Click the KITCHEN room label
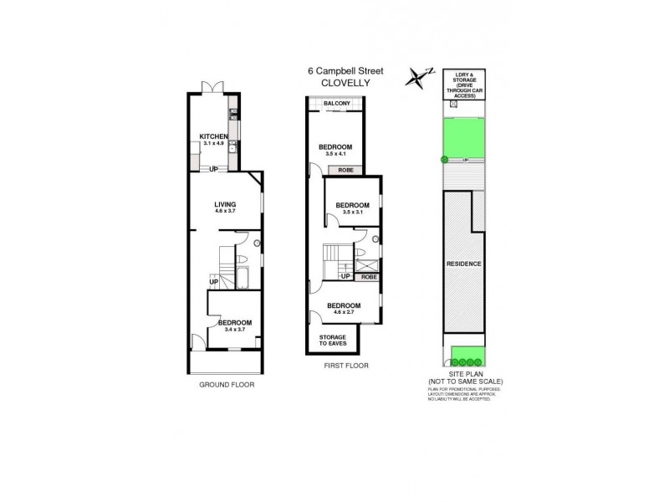point(213,136)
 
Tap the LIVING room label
point(225,203)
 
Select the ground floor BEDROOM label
point(235,322)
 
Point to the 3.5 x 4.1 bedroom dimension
point(334,154)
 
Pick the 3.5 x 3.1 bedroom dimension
point(352,212)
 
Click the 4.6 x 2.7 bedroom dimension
point(344,312)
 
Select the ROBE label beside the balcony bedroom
point(345,170)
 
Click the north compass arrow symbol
point(416,78)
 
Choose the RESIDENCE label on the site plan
point(463,264)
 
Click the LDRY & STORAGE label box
point(464,85)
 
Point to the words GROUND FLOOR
point(226,385)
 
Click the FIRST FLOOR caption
point(345,366)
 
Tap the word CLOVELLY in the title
point(345,82)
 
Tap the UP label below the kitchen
point(214,170)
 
